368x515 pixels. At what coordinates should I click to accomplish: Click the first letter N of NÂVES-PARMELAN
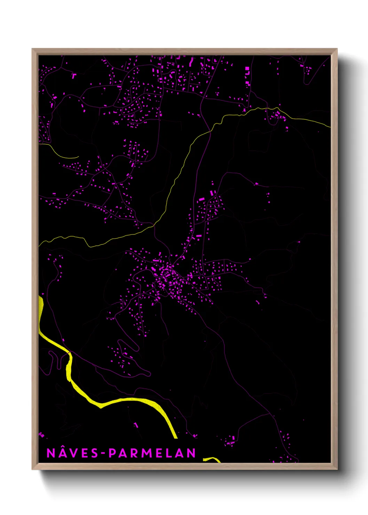51,453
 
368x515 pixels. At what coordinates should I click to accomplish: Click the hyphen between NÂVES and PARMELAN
103,453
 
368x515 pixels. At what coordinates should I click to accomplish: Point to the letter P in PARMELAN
112,453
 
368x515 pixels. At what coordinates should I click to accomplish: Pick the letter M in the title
146,453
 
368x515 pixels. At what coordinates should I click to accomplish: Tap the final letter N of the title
191,453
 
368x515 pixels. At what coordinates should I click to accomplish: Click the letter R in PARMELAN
135,453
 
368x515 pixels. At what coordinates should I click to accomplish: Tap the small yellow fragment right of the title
212,460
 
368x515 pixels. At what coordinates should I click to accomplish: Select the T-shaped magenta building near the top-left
74,75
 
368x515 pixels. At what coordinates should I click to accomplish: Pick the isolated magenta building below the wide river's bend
136,425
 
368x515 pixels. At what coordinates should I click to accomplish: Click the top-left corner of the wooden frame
32,49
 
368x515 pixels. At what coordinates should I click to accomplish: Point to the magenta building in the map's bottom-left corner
41,434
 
